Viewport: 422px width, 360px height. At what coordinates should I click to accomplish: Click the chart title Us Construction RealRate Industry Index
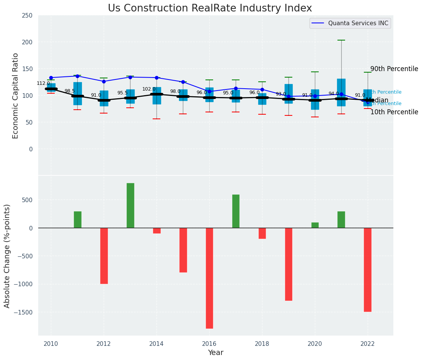coord(210,8)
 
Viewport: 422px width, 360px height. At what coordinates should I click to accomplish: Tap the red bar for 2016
coord(209,278)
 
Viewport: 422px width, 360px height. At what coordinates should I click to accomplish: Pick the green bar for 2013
coord(130,206)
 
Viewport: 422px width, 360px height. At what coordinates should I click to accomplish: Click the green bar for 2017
coord(236,211)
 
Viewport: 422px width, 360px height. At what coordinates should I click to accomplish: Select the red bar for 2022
coord(368,269)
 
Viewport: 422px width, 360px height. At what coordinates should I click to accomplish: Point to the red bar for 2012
coord(104,256)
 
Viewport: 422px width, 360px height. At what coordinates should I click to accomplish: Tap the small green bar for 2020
coord(315,225)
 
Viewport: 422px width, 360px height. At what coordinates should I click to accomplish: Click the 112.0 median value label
coord(43,83)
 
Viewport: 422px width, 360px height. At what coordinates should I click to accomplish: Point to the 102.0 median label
coord(149,89)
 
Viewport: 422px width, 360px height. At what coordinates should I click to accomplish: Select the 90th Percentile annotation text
coord(394,69)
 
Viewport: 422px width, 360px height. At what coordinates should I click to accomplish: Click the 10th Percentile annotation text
coord(394,112)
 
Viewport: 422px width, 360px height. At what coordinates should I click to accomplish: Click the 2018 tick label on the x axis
coord(262,344)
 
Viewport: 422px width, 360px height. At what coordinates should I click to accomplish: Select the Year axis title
coord(216,353)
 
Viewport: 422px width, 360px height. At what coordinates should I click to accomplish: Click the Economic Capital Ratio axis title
coord(16,96)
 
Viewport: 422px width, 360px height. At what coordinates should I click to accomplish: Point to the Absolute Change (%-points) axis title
coord(7,256)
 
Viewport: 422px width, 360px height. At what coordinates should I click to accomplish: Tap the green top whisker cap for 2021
coord(341,40)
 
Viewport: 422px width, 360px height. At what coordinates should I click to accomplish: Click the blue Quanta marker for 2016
coord(209,91)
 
